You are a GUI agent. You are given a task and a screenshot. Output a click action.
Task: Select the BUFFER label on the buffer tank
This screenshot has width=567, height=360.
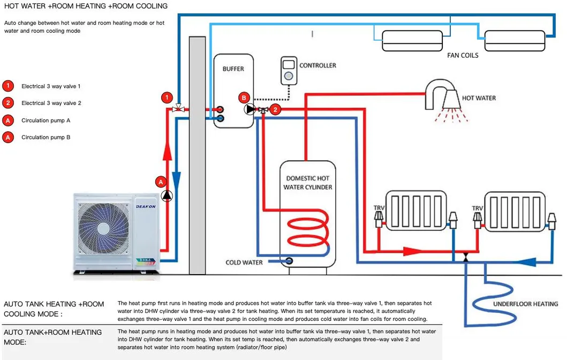point(233,69)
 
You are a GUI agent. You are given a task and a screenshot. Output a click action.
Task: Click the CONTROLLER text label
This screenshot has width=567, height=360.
point(317,65)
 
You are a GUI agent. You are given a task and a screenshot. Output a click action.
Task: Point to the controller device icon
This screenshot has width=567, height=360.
point(289,70)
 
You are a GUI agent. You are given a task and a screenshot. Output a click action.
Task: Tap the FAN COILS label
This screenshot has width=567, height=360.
point(463,55)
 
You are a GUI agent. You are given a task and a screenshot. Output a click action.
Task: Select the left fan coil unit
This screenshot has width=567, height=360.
point(412,40)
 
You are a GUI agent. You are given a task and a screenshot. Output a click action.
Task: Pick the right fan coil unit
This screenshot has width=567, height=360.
point(514,40)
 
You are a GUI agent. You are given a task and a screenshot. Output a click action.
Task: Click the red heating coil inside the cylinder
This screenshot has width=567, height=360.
point(307,236)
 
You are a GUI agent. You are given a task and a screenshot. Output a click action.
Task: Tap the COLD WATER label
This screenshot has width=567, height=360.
point(244,262)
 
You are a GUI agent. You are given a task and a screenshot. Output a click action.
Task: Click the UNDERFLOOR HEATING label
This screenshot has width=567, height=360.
point(525,304)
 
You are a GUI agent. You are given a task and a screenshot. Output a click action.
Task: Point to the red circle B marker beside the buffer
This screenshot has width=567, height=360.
point(244,97)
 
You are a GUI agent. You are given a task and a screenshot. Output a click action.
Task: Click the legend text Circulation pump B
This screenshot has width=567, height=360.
point(46,138)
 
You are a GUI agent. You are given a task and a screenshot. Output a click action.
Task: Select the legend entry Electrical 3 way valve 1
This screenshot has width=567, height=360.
point(51,86)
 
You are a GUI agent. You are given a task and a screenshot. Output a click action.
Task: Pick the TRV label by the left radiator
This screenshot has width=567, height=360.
point(379,208)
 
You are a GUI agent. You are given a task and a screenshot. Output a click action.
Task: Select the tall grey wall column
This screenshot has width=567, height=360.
point(197,155)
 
